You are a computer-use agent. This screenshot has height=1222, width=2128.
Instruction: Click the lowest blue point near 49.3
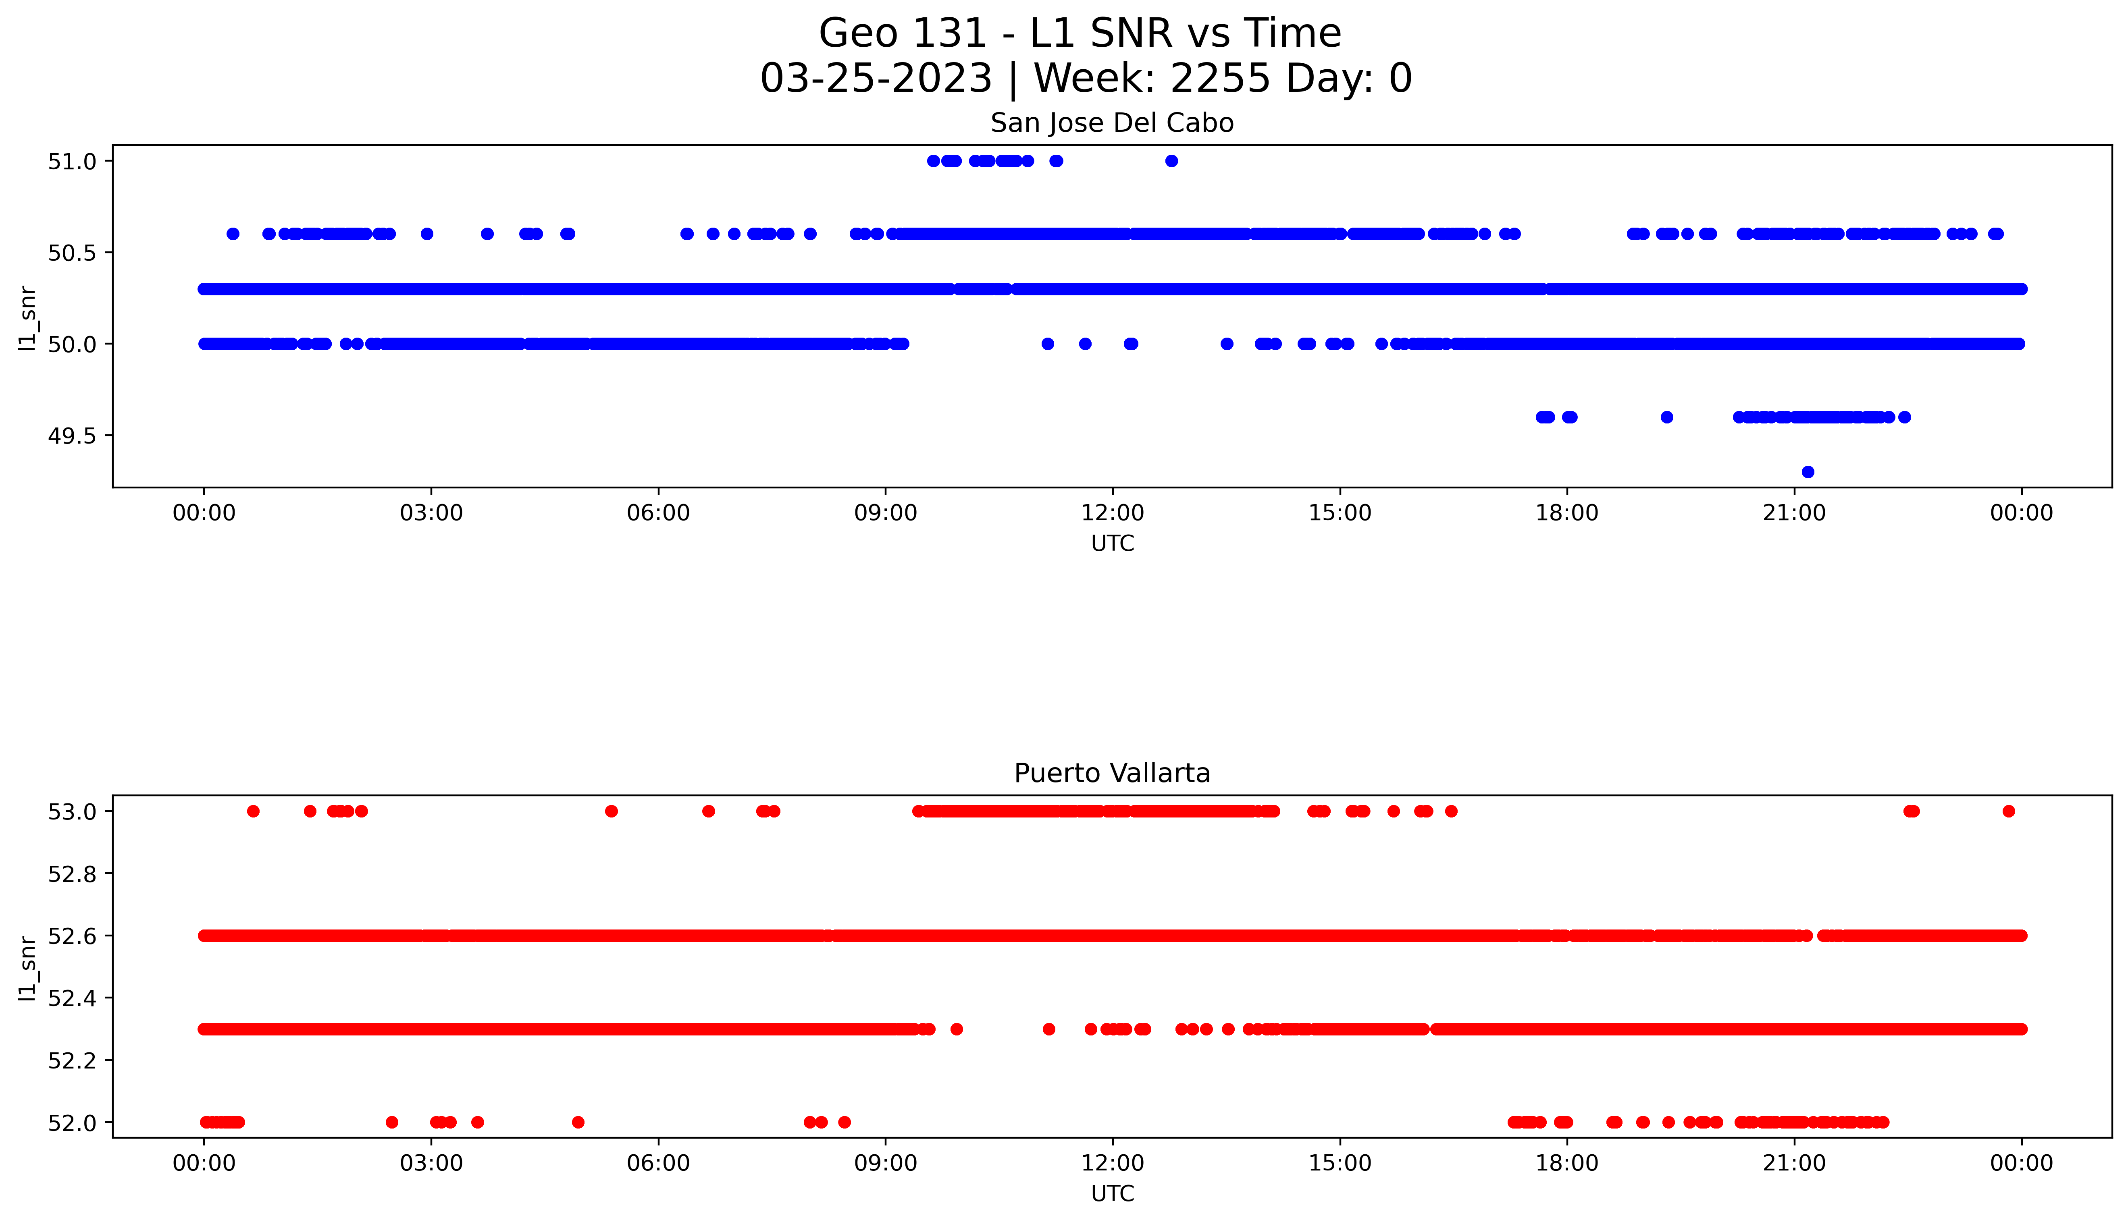1808,472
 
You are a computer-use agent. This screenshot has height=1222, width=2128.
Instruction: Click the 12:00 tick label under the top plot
1112,513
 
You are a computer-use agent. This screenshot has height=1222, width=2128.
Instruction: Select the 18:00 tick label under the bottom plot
1566,1163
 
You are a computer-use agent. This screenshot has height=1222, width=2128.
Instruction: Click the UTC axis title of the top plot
1112,544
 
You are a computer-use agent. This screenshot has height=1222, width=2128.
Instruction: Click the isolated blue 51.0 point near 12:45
1171,161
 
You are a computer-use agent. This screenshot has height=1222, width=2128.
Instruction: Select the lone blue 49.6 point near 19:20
1666,417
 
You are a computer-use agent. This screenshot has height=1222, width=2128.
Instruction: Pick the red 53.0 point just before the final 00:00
2008,811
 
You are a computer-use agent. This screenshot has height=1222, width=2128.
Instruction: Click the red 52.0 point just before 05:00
578,1122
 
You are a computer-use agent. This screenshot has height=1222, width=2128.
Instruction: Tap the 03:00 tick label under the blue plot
431,513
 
